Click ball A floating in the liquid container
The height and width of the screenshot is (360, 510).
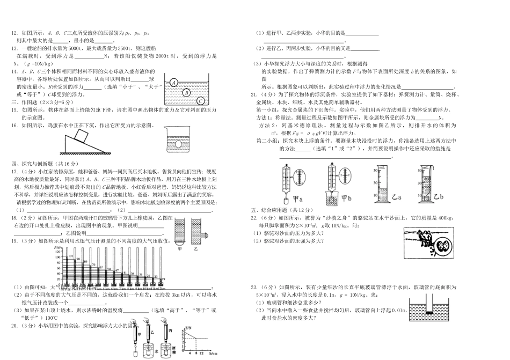point(174,83)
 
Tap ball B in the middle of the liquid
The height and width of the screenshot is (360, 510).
point(186,92)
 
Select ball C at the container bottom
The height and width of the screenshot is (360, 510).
point(200,100)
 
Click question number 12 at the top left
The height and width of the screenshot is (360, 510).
point(14,33)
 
